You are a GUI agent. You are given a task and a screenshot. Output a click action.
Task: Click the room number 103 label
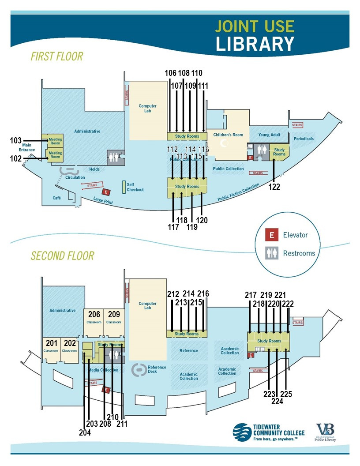click(x=16, y=140)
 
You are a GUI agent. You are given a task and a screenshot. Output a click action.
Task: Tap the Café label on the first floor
click(x=57, y=198)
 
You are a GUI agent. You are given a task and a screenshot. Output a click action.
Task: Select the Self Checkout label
click(x=135, y=187)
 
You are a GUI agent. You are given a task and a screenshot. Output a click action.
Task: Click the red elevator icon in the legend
click(x=272, y=235)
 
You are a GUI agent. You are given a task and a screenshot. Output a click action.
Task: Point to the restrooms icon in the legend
click(x=272, y=253)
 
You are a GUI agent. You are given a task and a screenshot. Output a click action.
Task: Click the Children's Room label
click(x=228, y=135)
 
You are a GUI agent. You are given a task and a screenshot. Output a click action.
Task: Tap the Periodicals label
click(x=304, y=139)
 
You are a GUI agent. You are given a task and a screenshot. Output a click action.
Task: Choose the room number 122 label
click(x=274, y=187)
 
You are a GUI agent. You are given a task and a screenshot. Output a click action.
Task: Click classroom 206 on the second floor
click(x=94, y=315)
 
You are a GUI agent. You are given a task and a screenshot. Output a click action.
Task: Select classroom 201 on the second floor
click(x=51, y=343)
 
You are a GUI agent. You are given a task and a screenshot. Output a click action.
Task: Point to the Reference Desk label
click(x=157, y=369)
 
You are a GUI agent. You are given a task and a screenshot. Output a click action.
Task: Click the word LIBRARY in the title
click(x=255, y=44)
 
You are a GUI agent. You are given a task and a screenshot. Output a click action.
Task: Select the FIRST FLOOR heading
click(x=57, y=56)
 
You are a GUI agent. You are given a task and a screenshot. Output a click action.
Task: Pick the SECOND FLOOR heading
click(x=62, y=256)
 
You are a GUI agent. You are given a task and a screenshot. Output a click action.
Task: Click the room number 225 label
click(x=287, y=394)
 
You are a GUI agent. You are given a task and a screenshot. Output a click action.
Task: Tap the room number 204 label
click(x=84, y=433)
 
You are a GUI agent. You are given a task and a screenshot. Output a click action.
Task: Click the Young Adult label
click(x=270, y=135)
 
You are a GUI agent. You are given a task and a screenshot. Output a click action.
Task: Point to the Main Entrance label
click(x=26, y=147)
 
